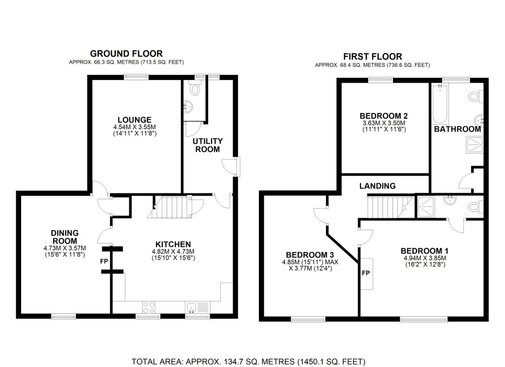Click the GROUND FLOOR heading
pos(126,54)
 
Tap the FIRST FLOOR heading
pos(372,56)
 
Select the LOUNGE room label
pos(135,120)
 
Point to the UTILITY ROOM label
pos(207,145)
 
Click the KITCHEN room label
pos(173,245)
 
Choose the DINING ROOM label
pos(65,237)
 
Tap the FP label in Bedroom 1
pos(366,273)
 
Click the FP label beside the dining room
pos(104,261)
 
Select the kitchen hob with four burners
pos(149,307)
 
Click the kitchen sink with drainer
pos(198,308)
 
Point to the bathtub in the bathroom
pos(440,104)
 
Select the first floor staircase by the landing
pos(390,207)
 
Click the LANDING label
pos(378,186)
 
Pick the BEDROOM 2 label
pos(383,116)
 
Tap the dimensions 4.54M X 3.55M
pos(135,127)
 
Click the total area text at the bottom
pos(248,362)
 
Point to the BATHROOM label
pos(457,129)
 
